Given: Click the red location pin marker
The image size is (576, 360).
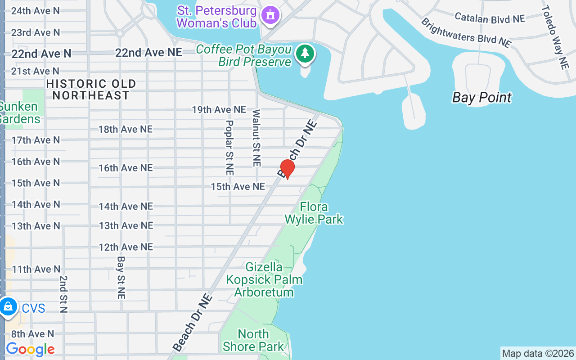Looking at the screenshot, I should (287, 169).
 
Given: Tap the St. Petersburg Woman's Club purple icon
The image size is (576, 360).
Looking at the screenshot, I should (271, 15).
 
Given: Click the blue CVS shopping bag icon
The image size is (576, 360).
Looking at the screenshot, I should (8, 308).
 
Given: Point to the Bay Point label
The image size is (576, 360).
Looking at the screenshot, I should (482, 98).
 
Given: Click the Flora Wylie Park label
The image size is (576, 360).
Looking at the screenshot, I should (314, 213).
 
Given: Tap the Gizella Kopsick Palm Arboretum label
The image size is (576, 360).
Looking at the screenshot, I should (264, 279).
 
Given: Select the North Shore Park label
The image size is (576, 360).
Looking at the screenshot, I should (253, 340).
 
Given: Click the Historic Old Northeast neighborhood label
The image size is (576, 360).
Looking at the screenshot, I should (91, 90).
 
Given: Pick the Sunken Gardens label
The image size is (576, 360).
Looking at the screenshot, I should (19, 113).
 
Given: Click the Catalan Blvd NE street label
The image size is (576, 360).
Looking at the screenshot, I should (490, 18).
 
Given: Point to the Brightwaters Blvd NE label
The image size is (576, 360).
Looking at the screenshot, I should (466, 32).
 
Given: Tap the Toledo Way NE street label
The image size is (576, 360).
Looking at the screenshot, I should (554, 37).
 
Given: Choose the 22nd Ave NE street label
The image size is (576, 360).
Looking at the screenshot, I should (148, 53).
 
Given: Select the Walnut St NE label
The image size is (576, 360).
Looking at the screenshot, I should (256, 138).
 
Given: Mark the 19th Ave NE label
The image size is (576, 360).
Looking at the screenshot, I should (219, 110).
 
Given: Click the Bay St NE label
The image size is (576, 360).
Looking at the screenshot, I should (121, 278).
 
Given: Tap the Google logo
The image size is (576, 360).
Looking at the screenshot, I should (30, 349).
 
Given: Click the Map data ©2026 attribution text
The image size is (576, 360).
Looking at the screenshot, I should (538, 354).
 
